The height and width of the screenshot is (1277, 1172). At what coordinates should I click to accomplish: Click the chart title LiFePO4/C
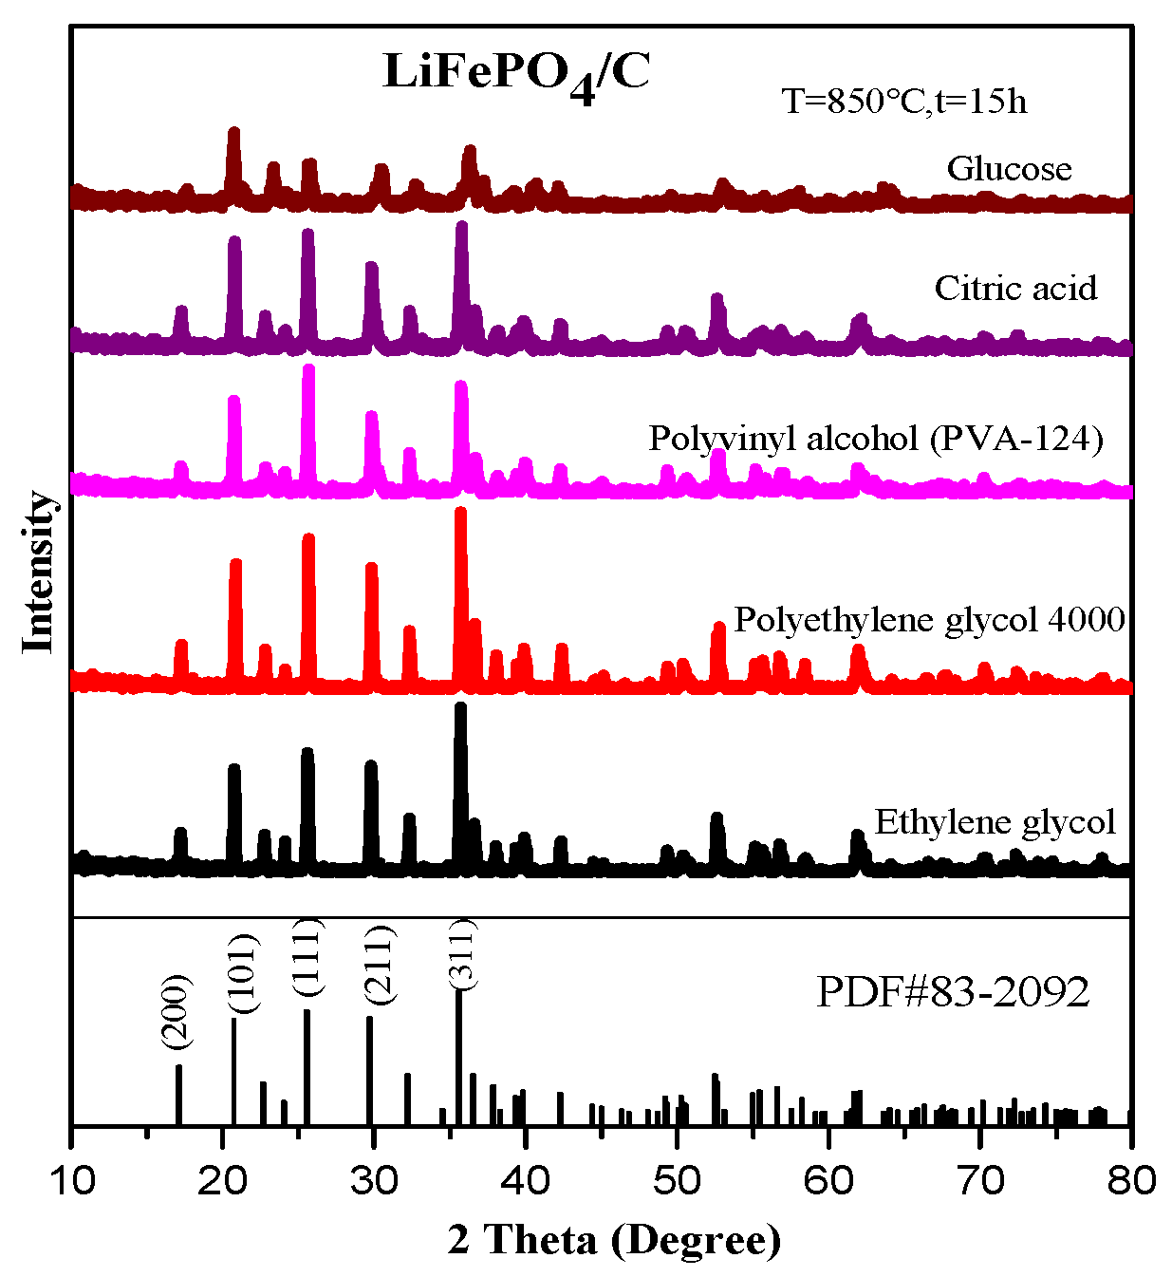pos(516,74)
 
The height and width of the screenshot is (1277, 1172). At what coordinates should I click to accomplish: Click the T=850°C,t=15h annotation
pos(903,101)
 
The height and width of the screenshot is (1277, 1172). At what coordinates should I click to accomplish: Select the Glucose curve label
pos(1009,169)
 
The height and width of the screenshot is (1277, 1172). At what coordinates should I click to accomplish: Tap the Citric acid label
pos(1015,288)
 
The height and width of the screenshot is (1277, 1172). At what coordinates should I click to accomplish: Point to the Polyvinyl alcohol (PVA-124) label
pos(875,438)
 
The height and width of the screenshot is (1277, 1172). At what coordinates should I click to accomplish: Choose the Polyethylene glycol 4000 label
pos(929,619)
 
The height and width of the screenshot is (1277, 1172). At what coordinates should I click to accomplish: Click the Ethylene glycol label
pos(995,821)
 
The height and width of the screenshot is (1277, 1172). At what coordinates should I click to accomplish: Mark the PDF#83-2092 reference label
pos(953,993)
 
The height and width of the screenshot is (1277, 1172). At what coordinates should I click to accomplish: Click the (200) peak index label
pos(177,1012)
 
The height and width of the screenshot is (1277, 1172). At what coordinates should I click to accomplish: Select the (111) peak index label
pos(308,957)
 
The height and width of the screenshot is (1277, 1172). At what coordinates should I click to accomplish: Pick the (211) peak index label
pos(378,963)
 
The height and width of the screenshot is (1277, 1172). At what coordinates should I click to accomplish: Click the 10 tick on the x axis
pos(71,1180)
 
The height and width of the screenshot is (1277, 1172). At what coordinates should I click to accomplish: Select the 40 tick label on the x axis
pos(525,1180)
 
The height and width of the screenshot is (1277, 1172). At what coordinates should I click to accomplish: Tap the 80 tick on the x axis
pos(1130,1180)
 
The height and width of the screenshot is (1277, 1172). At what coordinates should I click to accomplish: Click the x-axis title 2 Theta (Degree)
pos(614,1240)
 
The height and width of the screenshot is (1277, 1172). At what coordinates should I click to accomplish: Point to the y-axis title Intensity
pos(39,572)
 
